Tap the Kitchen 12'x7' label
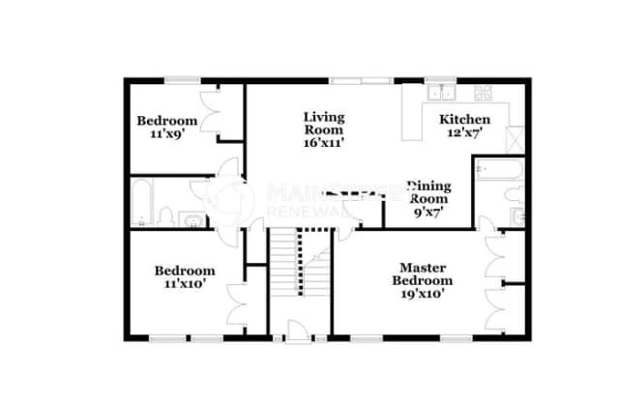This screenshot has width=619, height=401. click(465, 126)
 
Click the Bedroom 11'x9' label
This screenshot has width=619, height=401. click(166, 127)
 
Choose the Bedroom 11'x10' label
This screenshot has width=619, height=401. click(185, 278)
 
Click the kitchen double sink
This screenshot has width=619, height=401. click(444, 93)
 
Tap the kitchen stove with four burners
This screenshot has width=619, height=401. click(483, 93)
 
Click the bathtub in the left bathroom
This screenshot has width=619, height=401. click(141, 200)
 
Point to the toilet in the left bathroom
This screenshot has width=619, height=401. click(165, 215)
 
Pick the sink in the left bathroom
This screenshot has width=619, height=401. click(194, 219)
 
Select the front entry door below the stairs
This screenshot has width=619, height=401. click(299, 336)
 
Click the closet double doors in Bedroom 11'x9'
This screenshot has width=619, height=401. click(213, 110)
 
